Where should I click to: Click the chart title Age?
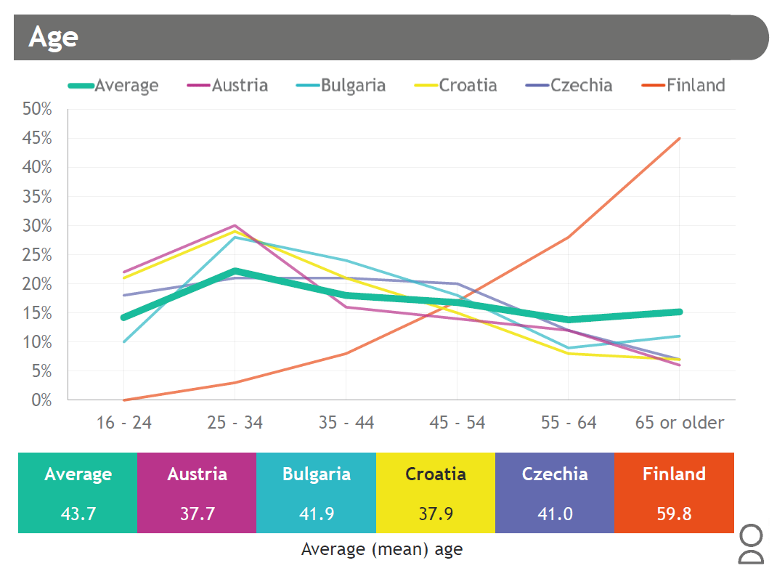coord(53,37)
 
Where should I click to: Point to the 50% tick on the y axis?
coord(37,109)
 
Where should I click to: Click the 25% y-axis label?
coord(37,255)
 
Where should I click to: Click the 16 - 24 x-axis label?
coord(124,423)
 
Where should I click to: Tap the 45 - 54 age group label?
coord(457,423)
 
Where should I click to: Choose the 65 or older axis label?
coord(680,423)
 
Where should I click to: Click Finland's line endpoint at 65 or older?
coord(679,138)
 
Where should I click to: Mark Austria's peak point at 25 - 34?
coord(235,225)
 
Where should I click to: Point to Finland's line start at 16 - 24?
coord(124,400)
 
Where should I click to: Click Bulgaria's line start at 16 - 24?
coord(124,341)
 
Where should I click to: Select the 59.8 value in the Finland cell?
coord(674,514)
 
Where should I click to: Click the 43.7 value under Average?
coord(78,514)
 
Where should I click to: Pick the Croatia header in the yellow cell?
coord(436,474)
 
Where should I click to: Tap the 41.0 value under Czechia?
coord(555,514)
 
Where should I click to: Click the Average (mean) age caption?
coord(381,549)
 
